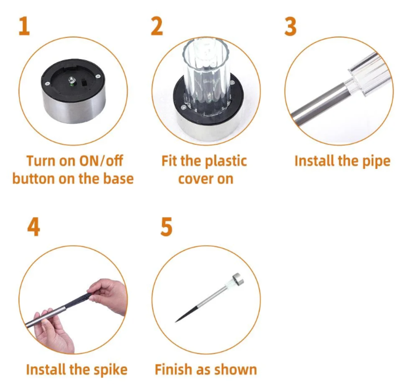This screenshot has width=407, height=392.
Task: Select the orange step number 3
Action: click(291, 26)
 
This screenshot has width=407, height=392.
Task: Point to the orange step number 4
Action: click(33, 227)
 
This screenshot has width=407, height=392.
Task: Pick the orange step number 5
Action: click(167, 227)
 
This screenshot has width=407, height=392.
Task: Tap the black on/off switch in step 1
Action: click(84, 83)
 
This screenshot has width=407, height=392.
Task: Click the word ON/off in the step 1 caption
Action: click(101, 161)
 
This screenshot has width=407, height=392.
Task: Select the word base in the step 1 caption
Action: click(118, 178)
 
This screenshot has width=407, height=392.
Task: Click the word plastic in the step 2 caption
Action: click(226, 161)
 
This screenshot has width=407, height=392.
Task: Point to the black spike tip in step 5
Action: click(176, 322)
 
